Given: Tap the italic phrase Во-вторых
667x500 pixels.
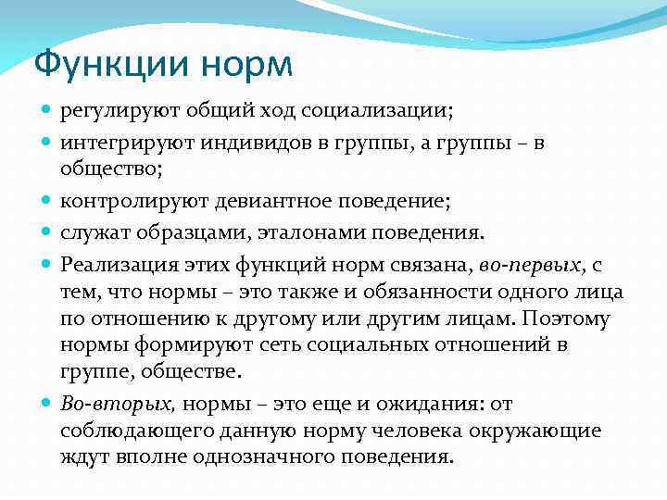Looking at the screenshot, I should [118, 404].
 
